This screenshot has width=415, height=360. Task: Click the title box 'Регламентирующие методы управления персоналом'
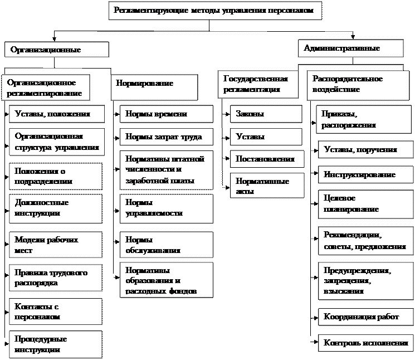point(216,11)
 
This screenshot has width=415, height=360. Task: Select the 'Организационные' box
point(56,50)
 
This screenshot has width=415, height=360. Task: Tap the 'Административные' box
point(350,48)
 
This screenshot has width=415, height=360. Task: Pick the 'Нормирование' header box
point(154,84)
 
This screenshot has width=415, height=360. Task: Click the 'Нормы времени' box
point(167,114)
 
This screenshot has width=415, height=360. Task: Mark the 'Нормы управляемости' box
point(167,208)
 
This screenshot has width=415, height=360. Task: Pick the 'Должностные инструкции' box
point(56,208)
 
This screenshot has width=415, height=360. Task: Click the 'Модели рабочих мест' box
point(56,245)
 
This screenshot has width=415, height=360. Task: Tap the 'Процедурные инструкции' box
point(56,344)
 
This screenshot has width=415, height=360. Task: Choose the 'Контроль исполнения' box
point(365,343)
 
